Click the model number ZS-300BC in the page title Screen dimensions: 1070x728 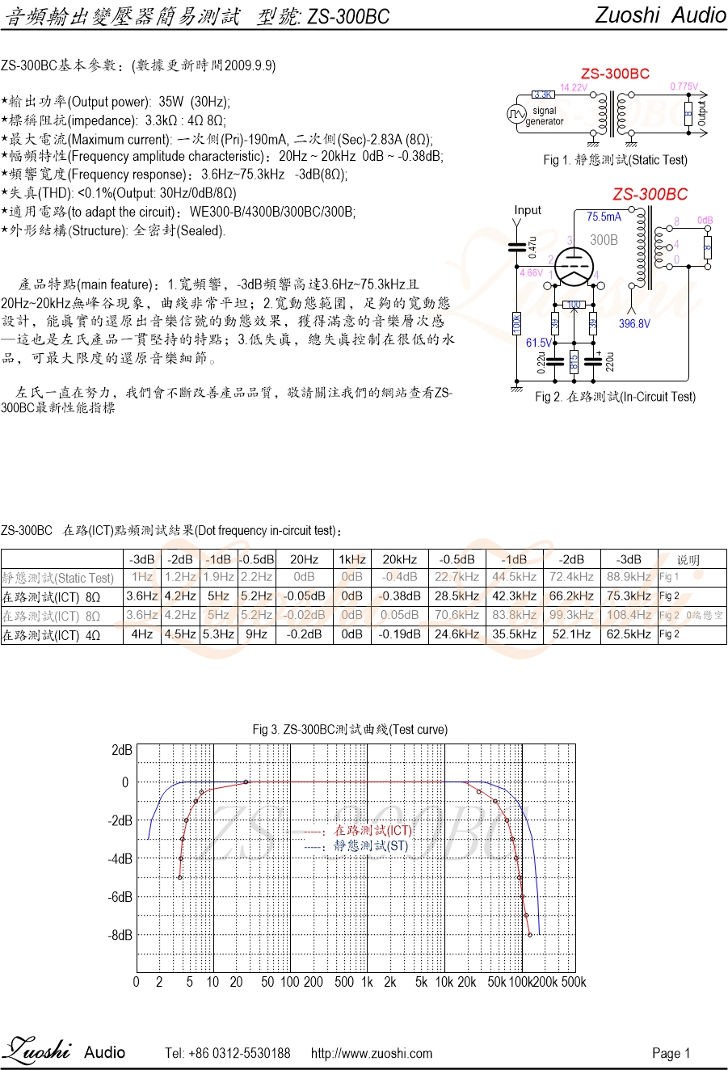346,17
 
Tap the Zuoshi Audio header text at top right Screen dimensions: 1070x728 660,15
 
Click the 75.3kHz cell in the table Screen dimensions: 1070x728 629,596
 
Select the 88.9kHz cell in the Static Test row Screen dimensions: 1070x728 629,577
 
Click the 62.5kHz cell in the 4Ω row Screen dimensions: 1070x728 629,634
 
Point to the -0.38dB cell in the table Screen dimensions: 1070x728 400,596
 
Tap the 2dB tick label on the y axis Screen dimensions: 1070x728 122,751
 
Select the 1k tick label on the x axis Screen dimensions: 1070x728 367,983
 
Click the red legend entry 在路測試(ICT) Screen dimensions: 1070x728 372,831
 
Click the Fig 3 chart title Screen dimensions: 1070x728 350,730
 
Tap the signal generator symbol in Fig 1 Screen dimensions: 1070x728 517,114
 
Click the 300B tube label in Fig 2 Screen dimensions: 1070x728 604,240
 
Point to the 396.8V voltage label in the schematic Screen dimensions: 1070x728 634,324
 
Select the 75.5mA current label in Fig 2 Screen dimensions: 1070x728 604,217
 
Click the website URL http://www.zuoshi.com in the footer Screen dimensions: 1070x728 372,1053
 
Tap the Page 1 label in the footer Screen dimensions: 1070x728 671,1053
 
